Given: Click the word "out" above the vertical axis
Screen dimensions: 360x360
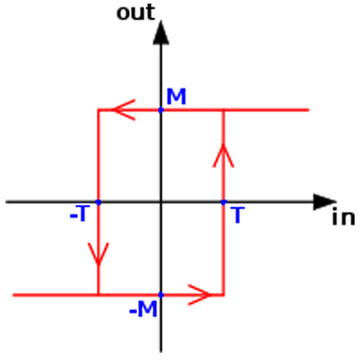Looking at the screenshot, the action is [136, 13].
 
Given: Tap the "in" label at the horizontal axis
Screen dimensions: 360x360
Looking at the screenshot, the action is [343, 218].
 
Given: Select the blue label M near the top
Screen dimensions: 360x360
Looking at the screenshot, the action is [176, 96].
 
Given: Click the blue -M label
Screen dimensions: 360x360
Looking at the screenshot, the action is [143, 309].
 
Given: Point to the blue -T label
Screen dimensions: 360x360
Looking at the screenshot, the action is [79, 213].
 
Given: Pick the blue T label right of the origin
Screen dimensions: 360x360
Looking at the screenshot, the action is [238, 215].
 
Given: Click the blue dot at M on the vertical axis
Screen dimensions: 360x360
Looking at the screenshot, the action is [161, 110].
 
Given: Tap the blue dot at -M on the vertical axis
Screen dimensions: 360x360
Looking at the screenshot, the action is [161, 295].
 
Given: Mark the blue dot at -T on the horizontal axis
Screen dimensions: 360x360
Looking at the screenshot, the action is [98, 202].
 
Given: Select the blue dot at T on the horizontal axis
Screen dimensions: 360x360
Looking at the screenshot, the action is [223, 202].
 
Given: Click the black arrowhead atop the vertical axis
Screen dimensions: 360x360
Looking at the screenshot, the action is [161, 33].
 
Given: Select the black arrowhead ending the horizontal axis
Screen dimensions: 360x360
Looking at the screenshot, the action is [324, 202].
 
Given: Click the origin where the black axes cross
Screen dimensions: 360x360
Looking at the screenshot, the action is [161, 202].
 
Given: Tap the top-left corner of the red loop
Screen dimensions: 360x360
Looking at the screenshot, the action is [98, 110].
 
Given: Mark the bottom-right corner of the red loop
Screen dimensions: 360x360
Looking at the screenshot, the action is [223, 295].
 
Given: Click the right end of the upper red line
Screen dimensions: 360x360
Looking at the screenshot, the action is [309, 110].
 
